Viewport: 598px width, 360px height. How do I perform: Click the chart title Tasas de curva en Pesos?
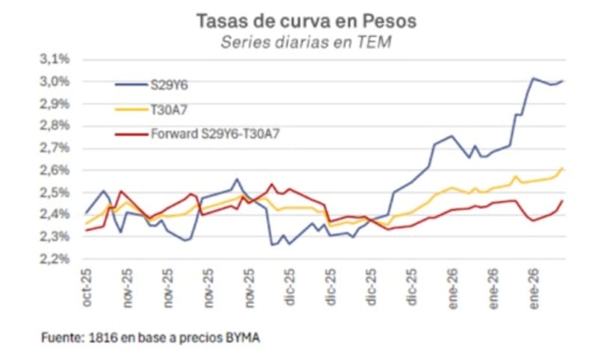306,21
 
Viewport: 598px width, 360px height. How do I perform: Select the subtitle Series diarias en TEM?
306,43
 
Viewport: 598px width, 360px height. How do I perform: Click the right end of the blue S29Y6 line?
562,81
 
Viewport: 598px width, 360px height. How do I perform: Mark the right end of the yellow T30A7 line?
562,169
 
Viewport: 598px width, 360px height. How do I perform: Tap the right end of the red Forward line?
562,200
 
